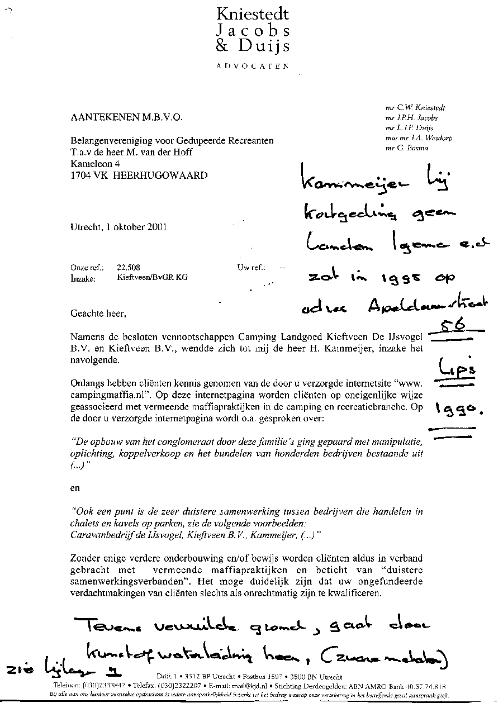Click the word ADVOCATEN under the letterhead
pos(253,66)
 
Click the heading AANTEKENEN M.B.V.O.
pos(126,117)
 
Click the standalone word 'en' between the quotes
pos(75,488)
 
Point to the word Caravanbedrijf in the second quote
pos(101,535)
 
